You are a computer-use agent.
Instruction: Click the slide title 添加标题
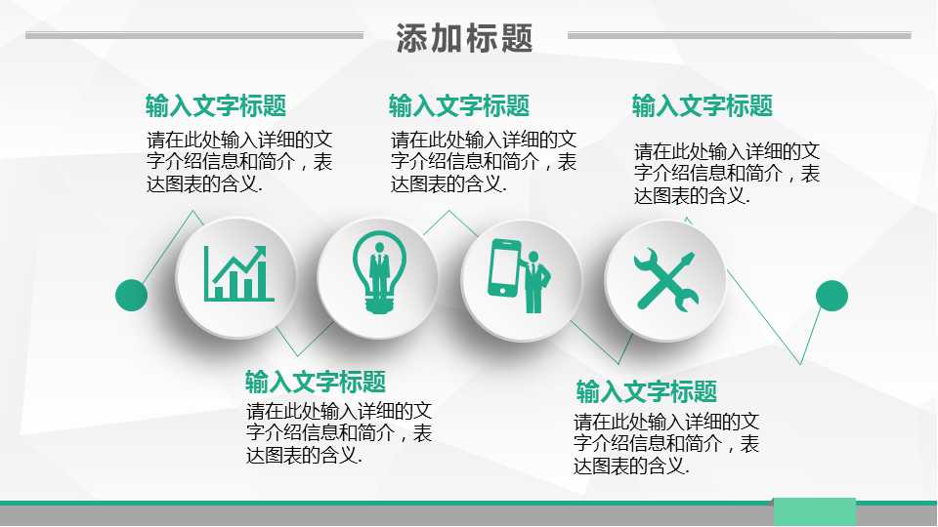(464, 38)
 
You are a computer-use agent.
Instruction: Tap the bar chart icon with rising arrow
(237, 274)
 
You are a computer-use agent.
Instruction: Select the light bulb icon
(378, 273)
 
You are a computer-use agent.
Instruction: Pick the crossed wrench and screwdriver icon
(665, 278)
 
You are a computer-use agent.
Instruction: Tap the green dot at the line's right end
(831, 295)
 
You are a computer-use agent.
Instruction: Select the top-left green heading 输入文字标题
(215, 105)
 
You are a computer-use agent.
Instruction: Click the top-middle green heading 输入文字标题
(458, 105)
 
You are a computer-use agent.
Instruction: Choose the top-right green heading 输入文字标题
(702, 105)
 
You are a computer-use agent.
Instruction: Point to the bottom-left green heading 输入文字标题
(315, 382)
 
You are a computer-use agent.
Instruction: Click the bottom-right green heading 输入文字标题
(646, 392)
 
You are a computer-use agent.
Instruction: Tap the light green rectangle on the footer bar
(814, 511)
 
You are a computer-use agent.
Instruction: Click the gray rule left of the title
(193, 35)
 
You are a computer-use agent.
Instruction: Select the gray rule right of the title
(739, 35)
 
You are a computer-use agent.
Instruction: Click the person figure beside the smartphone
(535, 280)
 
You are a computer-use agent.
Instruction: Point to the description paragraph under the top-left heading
(239, 161)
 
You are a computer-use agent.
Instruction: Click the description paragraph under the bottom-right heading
(666, 444)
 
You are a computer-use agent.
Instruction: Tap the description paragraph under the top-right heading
(726, 173)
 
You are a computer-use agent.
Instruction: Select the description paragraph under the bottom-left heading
(339, 432)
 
